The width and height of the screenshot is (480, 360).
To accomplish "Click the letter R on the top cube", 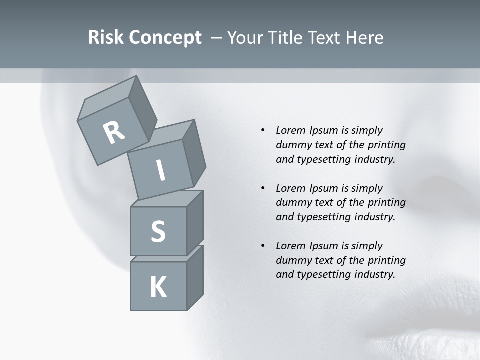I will (114, 132).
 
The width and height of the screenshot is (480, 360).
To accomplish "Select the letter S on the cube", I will (158, 231).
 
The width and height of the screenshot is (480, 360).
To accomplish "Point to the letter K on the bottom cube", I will (158, 287).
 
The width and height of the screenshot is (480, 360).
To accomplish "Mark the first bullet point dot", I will (263, 130).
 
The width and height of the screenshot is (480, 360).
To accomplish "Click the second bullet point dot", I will (263, 188).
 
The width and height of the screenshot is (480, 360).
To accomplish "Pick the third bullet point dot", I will (263, 246).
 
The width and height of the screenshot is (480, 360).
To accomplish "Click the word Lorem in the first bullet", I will (291, 130).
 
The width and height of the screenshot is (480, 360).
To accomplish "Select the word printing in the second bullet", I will (386, 203).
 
